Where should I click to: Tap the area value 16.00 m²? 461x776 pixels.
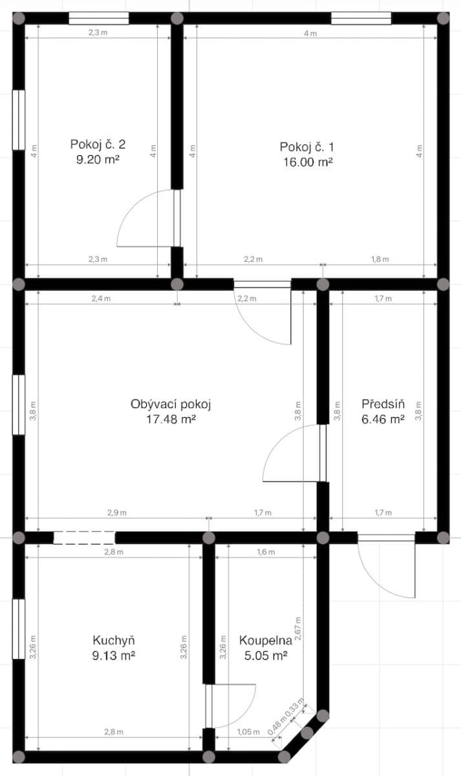(306, 162)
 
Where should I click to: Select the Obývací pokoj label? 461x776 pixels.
(171, 404)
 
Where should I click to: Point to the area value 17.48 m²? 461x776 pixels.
(171, 419)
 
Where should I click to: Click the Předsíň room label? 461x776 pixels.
(383, 404)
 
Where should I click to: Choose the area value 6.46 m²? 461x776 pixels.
(383, 419)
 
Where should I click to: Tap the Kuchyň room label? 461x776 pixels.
(114, 640)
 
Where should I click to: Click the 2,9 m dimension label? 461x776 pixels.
(117, 512)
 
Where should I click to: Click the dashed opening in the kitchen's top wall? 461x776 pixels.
(84, 537)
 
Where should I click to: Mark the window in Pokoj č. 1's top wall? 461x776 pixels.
(361, 18)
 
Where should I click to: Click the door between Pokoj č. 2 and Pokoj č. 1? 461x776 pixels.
(176, 218)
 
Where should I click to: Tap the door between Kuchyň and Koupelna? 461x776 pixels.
(209, 706)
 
